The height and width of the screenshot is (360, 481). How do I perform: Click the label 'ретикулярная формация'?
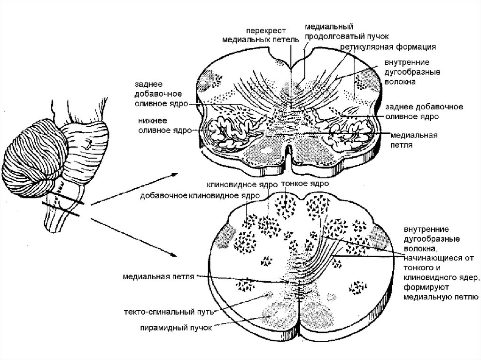tap(389, 47)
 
